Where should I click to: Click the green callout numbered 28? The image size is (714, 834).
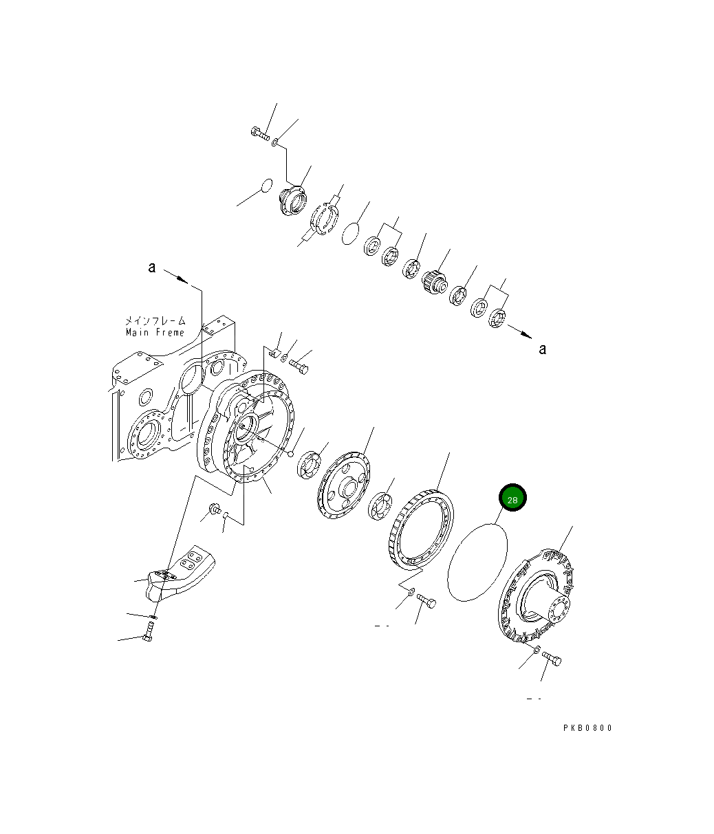[x=512, y=500]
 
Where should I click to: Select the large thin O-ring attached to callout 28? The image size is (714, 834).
[x=477, y=562]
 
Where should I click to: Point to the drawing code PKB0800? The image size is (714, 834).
[x=586, y=728]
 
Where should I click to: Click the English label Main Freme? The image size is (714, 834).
[x=155, y=333]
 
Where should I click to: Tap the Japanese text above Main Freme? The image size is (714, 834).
[x=155, y=320]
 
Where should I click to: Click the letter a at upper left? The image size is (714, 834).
[x=151, y=267]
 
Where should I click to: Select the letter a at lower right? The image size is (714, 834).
[x=542, y=349]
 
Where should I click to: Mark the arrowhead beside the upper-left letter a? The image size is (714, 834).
[x=182, y=279]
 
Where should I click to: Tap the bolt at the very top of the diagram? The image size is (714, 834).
[x=260, y=134]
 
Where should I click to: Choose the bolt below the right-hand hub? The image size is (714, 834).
[x=552, y=659]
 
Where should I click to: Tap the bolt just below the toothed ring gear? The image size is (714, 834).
[x=426, y=602]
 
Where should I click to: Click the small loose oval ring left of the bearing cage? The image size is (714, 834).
[x=266, y=186]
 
